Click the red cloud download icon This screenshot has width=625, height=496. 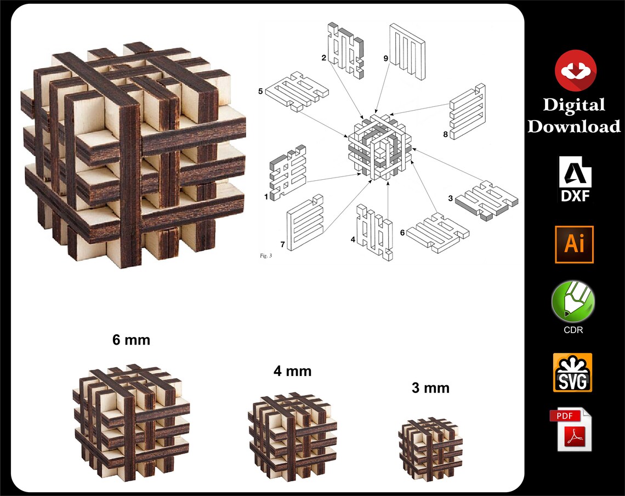575,70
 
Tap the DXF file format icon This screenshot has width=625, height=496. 575,179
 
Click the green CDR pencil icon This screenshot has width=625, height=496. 573,301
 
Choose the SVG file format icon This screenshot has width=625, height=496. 572,372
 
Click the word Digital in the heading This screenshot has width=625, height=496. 573,105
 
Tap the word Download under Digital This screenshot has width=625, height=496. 573,127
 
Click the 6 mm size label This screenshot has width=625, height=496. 131,340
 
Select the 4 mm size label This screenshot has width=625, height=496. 292,371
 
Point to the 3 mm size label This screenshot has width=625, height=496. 430,388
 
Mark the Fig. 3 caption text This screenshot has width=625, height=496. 265,255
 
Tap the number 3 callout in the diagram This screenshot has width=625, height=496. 450,198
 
